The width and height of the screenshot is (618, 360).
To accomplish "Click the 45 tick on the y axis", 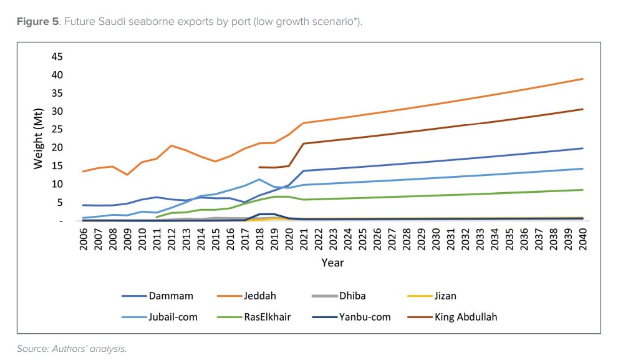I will coord(57,57).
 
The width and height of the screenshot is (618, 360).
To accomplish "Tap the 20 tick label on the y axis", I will coord(57,148).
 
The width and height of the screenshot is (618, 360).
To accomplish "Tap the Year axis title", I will coord(332,263).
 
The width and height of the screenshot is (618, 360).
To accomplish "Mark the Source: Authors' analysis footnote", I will coord(72,349).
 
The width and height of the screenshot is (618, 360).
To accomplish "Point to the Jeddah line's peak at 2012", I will coord(171,145).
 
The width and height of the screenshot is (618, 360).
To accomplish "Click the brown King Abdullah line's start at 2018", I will coord(259,167).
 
